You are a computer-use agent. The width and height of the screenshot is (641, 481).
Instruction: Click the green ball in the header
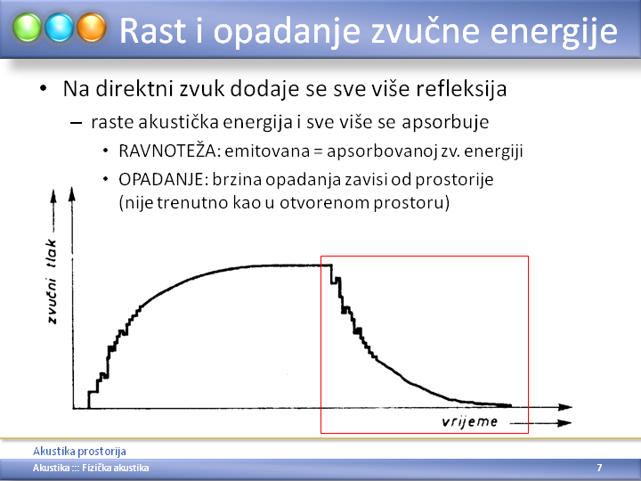(27, 28)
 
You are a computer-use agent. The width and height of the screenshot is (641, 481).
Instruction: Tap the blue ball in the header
(60, 28)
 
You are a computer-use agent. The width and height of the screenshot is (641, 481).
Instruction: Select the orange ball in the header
(92, 28)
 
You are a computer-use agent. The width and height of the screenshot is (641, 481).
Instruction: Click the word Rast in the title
(153, 30)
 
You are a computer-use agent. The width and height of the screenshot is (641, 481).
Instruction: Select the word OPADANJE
(166, 179)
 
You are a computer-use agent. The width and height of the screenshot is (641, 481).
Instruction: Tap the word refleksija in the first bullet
(461, 88)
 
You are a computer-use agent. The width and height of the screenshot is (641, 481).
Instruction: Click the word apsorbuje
(445, 122)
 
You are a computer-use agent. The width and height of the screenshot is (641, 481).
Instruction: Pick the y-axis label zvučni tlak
(52, 281)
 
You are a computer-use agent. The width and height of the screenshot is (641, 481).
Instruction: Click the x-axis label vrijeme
(470, 421)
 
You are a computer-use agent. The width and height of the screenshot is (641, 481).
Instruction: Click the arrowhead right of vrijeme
(564, 423)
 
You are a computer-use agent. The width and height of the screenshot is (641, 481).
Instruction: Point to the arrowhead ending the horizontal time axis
(565, 407)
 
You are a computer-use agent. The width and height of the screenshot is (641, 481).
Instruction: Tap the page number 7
(599, 468)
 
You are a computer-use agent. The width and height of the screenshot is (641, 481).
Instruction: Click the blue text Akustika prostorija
(79, 451)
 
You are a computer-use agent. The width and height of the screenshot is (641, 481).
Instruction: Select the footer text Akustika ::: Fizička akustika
(91, 468)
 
